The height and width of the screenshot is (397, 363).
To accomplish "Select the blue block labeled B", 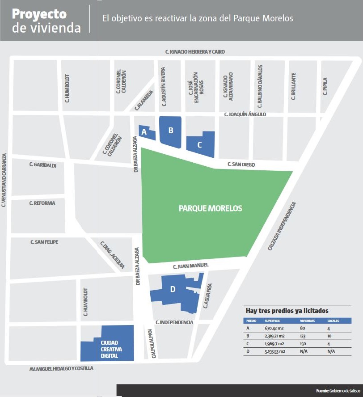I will pos(170,131).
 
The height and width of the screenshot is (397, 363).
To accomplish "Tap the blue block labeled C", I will pos(200,145).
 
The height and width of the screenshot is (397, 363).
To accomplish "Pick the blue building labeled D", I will pos(173,290).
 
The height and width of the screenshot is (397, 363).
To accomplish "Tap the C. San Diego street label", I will pos(241,165).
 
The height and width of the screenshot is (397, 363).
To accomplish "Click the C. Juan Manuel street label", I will pos(191,266).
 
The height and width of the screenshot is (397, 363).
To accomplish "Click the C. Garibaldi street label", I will pos(43,165).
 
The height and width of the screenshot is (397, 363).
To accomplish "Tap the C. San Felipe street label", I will pos(44,242).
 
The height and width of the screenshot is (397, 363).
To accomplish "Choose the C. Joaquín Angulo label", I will pos(245,114).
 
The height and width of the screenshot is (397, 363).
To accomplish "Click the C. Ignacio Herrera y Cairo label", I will pos(195,52).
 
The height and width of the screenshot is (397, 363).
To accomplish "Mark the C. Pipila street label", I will pos(325,87).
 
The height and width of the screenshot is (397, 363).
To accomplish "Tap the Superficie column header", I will pos(272,321).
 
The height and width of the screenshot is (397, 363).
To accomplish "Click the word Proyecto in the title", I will pos(39,14).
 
